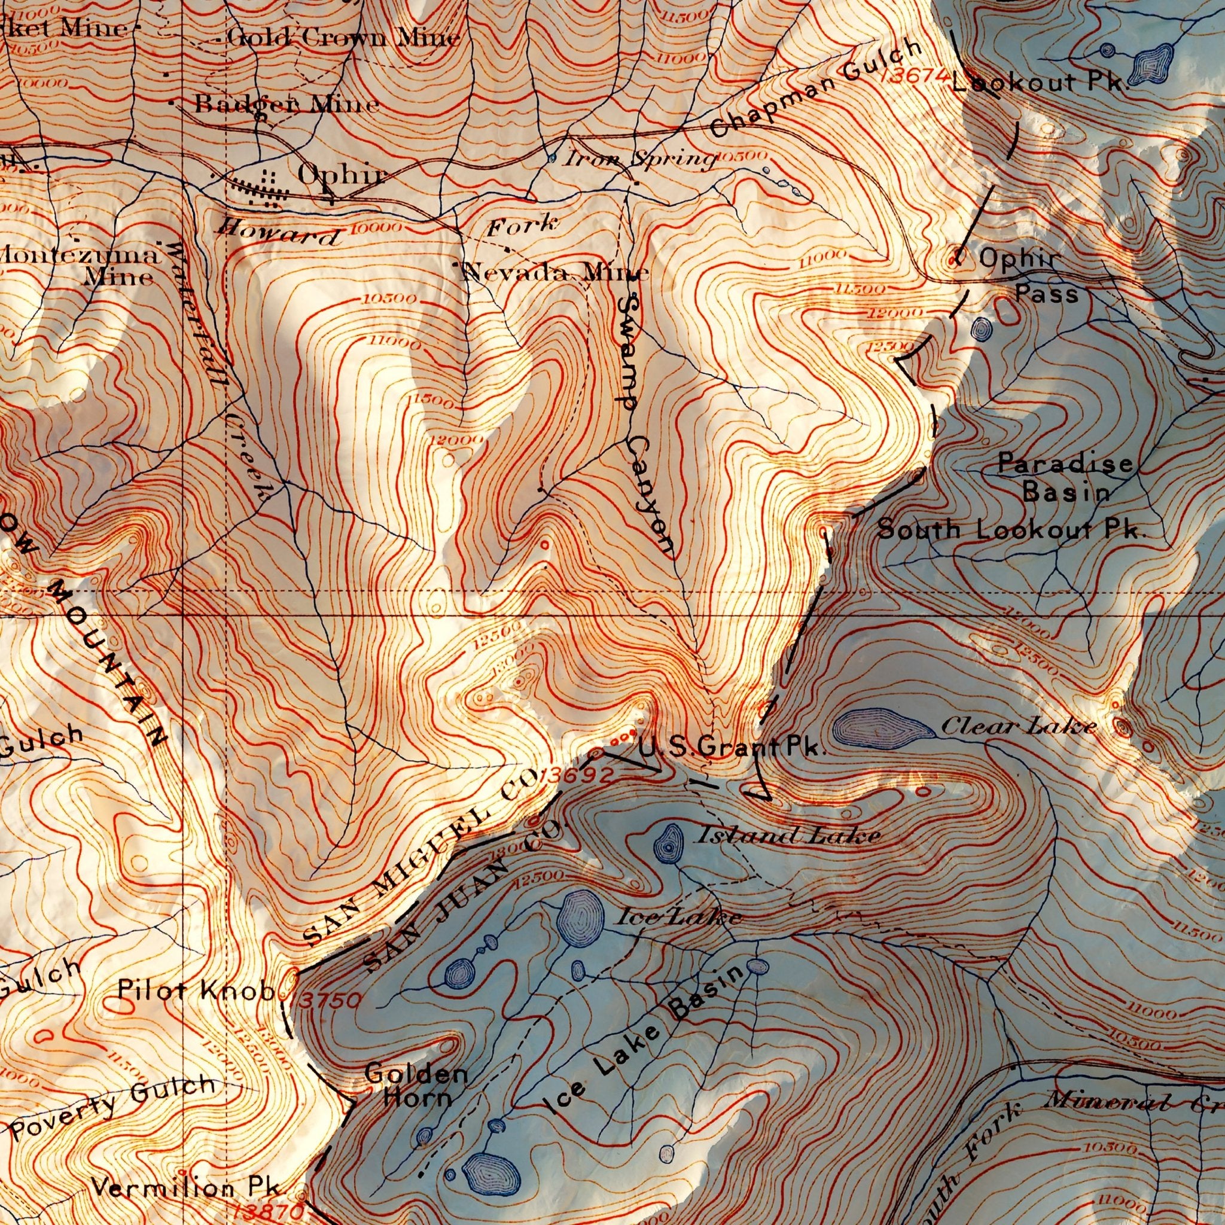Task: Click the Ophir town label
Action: pos(340,175)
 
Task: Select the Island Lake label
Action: pos(789,836)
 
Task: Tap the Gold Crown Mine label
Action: pos(342,39)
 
